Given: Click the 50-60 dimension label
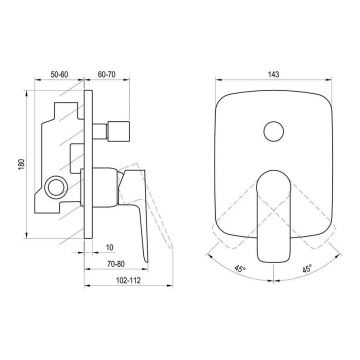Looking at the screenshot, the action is (x=59, y=75).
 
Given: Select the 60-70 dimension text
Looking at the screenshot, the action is (x=106, y=75).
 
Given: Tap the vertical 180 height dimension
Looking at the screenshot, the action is (x=21, y=164).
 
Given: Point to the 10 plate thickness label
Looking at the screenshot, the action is (x=110, y=247).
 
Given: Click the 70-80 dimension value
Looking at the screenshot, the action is (x=116, y=264).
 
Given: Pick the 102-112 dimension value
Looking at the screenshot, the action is (x=128, y=280).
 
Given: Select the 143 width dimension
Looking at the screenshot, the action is (x=273, y=75).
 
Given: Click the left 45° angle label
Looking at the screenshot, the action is (x=240, y=268).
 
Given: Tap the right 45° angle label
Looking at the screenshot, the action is (x=307, y=268).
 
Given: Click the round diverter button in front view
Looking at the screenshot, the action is (x=274, y=131).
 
